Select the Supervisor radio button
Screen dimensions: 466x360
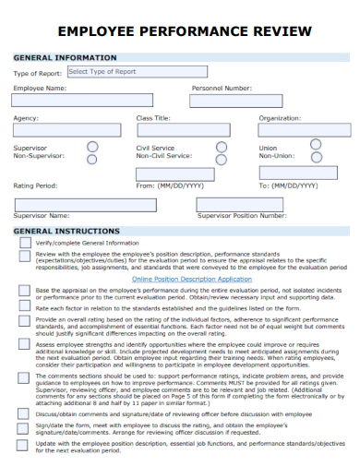tap(92, 146)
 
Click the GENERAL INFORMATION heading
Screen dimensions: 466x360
tap(65, 57)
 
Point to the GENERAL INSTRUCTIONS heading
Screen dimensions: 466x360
tap(66, 231)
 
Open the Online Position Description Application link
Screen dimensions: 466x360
tap(192, 279)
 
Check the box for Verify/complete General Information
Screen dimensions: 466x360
tap(24, 243)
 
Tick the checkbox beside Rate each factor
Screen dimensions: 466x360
tap(24, 307)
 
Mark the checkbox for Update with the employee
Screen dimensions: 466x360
tap(24, 446)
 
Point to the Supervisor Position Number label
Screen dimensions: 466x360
tap(242, 215)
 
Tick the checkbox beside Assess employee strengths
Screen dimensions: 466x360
tap(24, 343)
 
